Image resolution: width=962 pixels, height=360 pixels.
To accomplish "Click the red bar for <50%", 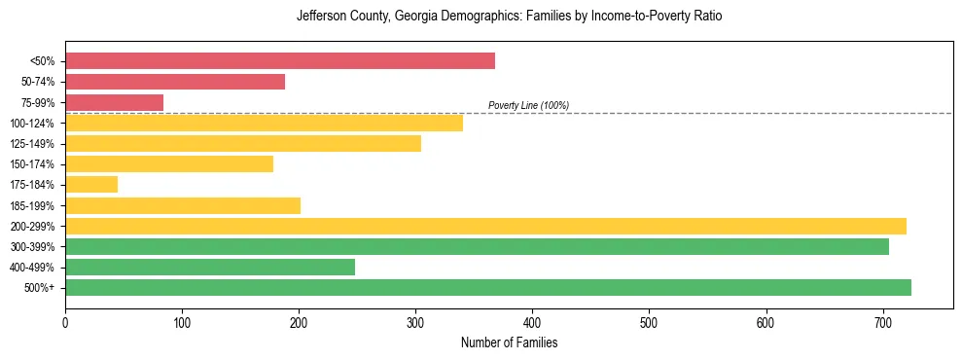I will [280, 61].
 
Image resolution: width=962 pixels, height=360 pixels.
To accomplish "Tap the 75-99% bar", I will [114, 102].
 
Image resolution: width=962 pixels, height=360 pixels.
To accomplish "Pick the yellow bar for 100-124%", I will [264, 123].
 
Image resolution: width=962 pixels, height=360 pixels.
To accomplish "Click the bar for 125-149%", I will [243, 143].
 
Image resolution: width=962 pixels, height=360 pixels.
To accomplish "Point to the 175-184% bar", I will [91, 185].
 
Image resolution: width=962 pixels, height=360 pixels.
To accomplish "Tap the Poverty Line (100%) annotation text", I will [528, 105].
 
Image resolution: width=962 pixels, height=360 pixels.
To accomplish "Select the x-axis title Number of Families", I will [509, 342].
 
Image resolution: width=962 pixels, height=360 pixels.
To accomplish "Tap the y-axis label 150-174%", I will [33, 164].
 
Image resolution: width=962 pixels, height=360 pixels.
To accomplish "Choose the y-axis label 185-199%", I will [33, 205].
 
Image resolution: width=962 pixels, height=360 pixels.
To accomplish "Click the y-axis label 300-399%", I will [33, 247].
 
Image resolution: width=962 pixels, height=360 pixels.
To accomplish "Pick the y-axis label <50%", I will [43, 61].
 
